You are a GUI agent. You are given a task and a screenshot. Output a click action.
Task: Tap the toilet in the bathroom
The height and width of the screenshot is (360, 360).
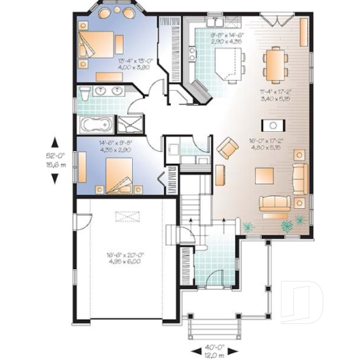(85, 93)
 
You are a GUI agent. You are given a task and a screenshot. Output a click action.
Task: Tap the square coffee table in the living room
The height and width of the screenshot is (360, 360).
(264, 176)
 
